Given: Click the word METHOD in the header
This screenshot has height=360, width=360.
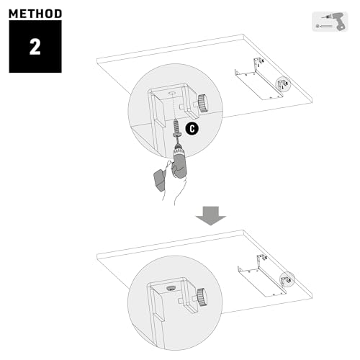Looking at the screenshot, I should pyautogui.click(x=35, y=13).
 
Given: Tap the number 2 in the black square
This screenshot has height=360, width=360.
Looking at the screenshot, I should pyautogui.click(x=35, y=47).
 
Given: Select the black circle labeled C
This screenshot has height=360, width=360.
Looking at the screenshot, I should pyautogui.click(x=192, y=128).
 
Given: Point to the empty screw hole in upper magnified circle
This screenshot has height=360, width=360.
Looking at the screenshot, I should pyautogui.click(x=172, y=93).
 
